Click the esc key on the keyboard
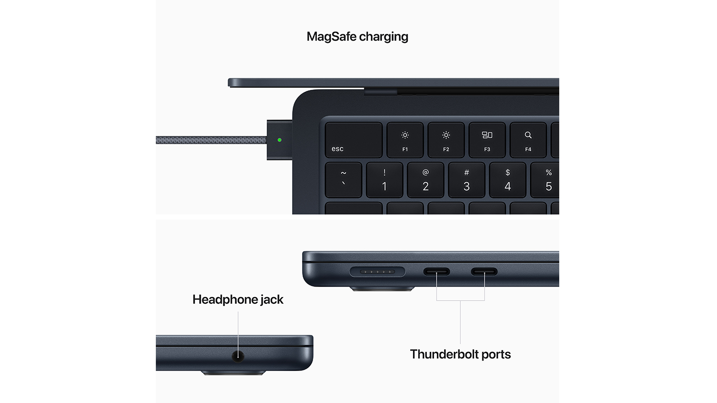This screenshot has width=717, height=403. coord(353,140)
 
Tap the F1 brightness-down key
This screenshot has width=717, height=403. coord(405,140)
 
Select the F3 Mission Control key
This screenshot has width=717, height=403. coord(487,140)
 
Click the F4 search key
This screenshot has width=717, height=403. coord(528,140)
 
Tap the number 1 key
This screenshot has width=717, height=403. coord(384,180)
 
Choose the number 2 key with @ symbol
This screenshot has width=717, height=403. coord(425,180)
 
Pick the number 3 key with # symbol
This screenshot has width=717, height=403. coord(467,180)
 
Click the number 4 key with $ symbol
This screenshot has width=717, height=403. coord(507,180)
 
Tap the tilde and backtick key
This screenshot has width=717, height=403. coord(343,180)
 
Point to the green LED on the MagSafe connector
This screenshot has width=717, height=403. coord(280,140)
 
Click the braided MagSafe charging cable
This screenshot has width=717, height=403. coord(211,140)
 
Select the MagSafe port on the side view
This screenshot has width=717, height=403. coord(378,272)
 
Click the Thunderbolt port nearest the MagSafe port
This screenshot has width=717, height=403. coord(436,272)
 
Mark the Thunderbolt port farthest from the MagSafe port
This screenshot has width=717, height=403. coord(484,272)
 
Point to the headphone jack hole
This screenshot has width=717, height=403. coord(238,356)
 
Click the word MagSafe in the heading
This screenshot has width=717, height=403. coord(331,36)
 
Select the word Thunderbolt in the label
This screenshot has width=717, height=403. coord(441,354)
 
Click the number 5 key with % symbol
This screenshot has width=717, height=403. coord(545,180)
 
